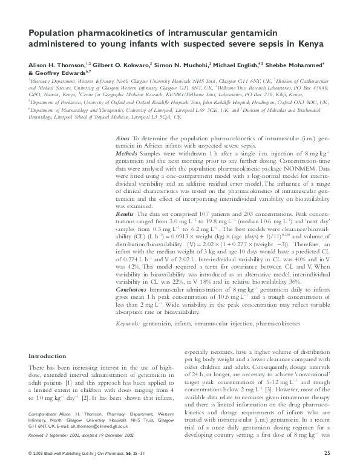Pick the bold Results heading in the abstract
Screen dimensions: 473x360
tap(125, 214)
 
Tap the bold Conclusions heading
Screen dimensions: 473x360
tap(133, 289)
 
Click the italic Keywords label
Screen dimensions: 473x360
tap(128, 324)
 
